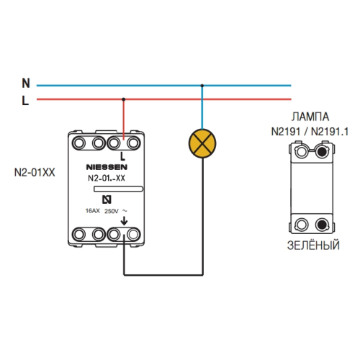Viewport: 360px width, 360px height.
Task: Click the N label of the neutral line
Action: (26, 84)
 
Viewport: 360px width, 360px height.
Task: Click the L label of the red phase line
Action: (25, 101)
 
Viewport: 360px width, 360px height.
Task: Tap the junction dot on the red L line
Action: (123, 99)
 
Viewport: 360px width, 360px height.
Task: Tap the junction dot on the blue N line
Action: (202, 86)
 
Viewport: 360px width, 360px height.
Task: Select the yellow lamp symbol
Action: (202, 143)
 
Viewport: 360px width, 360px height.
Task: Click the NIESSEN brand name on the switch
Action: (107, 167)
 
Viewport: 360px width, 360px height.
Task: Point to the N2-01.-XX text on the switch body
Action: (107, 178)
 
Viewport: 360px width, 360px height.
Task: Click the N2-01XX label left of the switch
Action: (35, 173)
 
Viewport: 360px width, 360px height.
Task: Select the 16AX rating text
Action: (93, 211)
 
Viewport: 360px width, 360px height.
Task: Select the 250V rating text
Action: (112, 211)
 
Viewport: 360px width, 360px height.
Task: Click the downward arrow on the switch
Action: (124, 221)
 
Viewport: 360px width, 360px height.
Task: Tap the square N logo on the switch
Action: (107, 199)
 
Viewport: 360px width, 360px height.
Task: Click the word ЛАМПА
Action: (310, 117)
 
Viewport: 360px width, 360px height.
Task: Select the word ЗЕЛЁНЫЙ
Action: (313, 246)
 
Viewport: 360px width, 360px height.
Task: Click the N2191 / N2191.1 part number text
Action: (310, 132)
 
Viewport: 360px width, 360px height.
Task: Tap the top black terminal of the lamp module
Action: (322, 151)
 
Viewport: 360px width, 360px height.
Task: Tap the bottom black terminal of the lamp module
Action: (322, 225)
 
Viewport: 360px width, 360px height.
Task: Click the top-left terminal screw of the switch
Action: (78, 143)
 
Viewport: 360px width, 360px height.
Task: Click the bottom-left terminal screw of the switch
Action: (78, 234)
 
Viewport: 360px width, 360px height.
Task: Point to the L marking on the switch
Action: (122, 157)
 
